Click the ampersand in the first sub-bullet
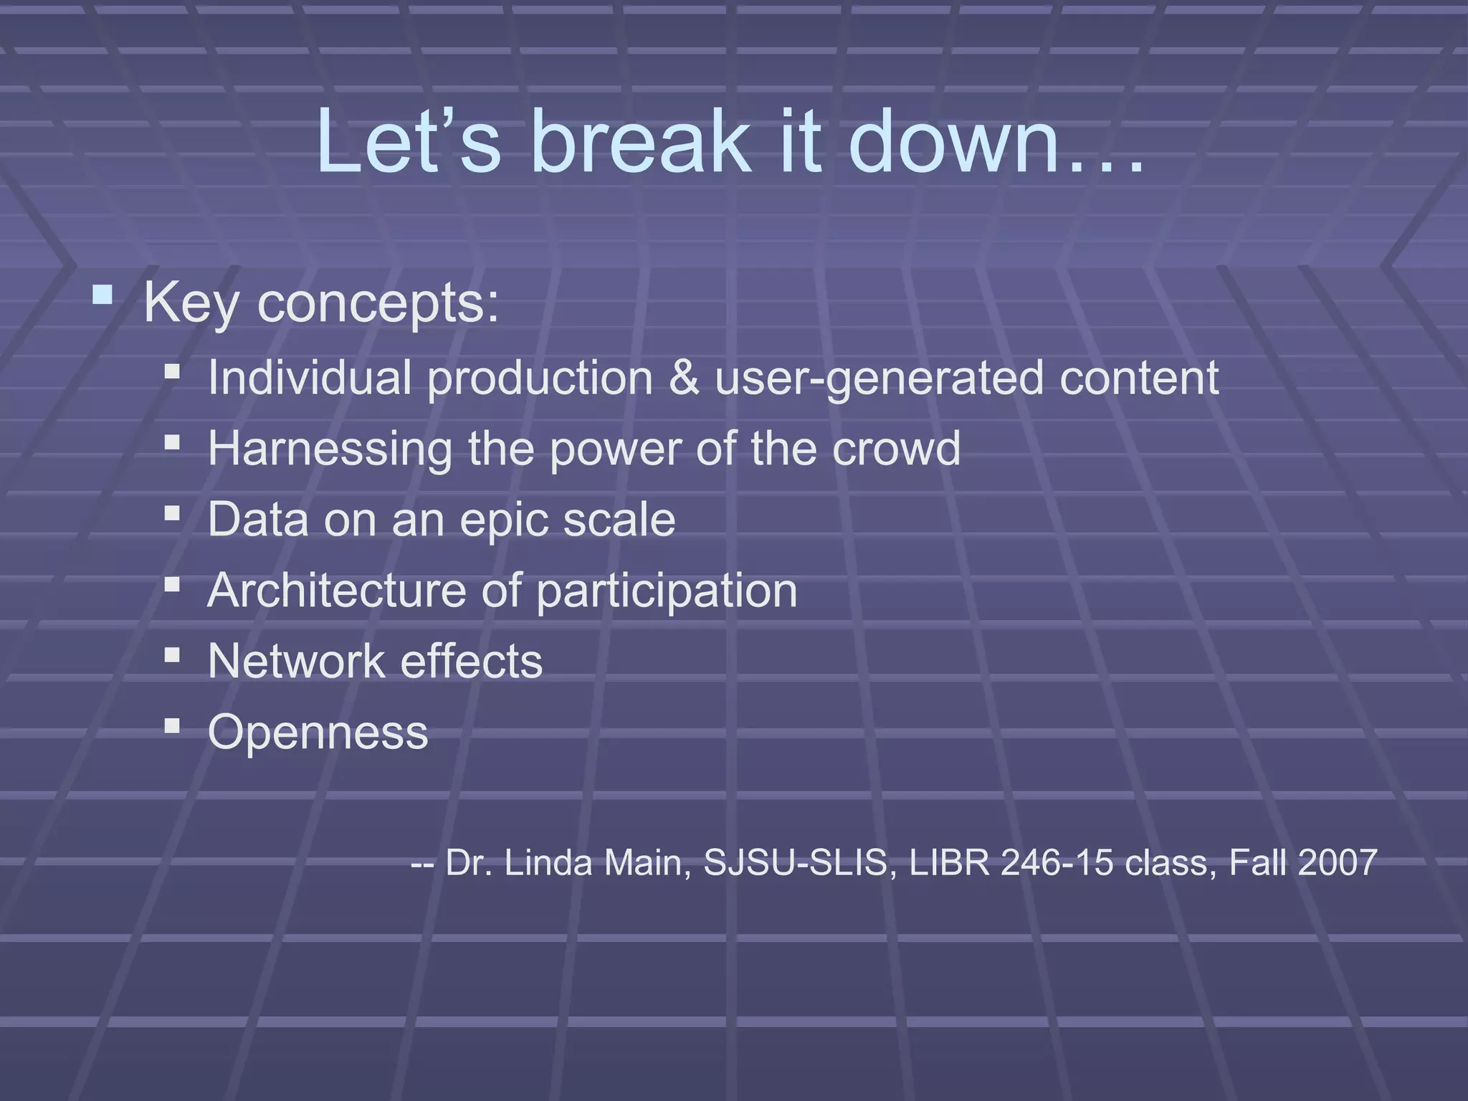click(x=683, y=377)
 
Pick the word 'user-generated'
click(x=878, y=378)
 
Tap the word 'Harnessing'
click(x=330, y=449)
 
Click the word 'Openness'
click(x=318, y=733)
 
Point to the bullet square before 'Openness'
click(x=172, y=726)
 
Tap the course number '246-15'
click(x=1057, y=862)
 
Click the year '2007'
click(x=1337, y=862)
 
